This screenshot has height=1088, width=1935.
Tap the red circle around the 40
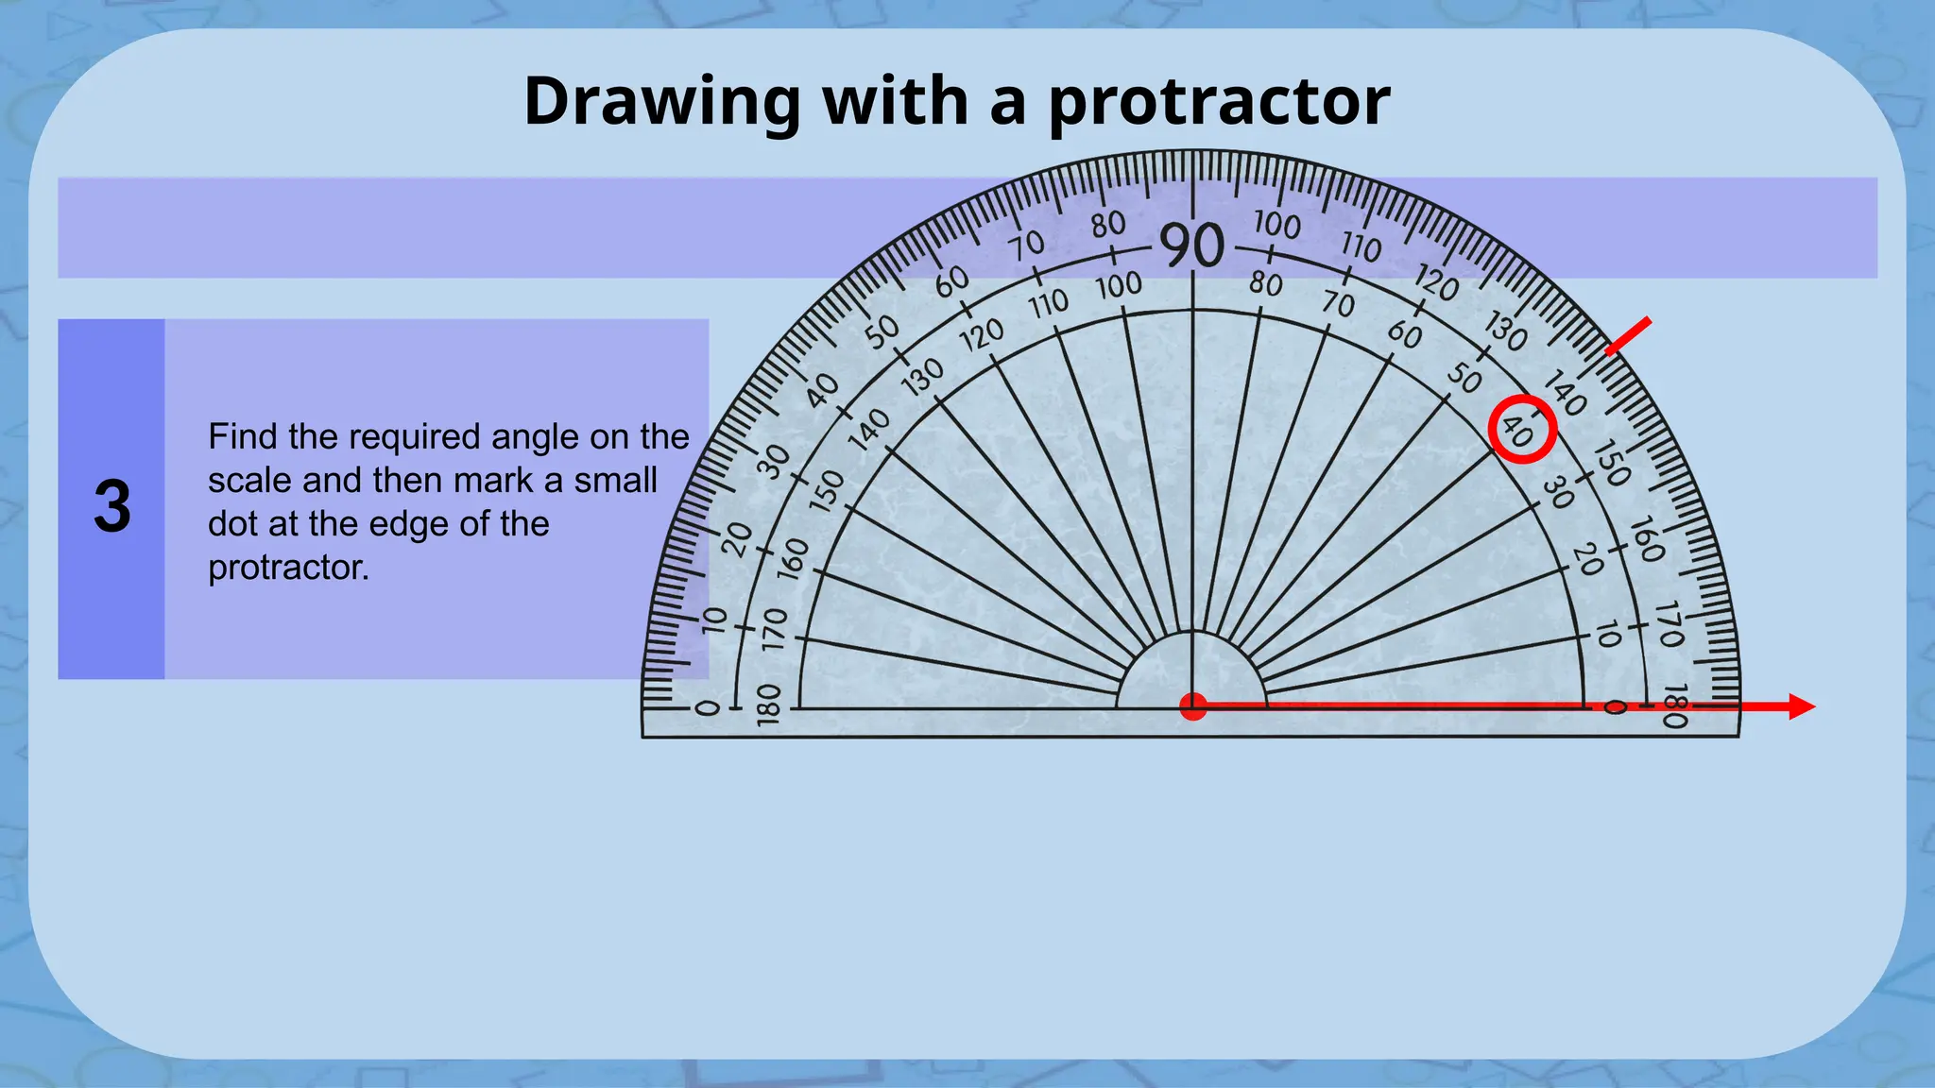[x=1522, y=429]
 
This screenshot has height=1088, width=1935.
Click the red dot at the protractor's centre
[x=1193, y=706]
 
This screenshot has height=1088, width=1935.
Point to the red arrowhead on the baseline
[x=1801, y=706]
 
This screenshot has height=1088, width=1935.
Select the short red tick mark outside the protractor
[x=1629, y=336]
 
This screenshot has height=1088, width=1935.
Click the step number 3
[x=111, y=507]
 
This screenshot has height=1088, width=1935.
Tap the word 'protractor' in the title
[x=1219, y=101]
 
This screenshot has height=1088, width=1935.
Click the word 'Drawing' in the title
[x=662, y=101]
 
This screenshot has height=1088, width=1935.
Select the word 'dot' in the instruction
[x=232, y=524]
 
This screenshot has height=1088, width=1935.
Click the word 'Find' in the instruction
[x=243, y=437]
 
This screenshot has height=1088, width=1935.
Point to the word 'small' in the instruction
[x=615, y=481]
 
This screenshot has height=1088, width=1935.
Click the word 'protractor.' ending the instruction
[x=288, y=568]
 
